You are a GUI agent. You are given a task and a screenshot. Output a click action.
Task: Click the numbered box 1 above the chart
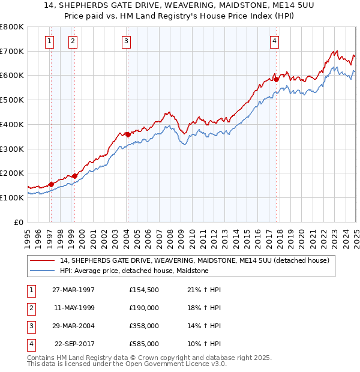49,41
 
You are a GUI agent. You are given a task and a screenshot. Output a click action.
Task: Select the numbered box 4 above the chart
274,41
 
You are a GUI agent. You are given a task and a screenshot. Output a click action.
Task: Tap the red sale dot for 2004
128,134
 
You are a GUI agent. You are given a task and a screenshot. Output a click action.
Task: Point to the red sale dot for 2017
276,79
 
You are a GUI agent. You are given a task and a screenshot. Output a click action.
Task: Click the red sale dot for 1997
52,184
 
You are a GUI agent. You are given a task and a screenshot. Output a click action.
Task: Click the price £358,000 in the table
144,326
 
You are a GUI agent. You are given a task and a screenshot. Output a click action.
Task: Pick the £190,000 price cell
144,308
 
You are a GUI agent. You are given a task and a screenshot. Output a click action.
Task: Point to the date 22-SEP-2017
74,344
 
